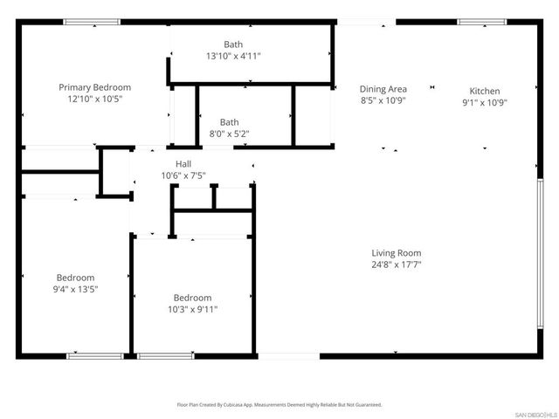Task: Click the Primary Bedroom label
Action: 94,87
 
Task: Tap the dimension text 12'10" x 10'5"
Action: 94,99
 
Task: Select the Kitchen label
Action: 485,91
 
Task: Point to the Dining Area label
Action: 383,88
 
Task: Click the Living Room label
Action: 396,253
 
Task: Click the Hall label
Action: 183,163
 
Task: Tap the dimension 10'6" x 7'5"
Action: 183,175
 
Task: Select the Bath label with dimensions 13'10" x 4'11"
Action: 232,45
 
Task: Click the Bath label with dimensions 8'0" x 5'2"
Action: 229,122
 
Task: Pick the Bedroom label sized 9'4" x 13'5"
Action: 76,278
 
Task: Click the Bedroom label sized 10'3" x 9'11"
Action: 191,298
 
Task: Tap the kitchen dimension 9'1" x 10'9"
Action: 485,102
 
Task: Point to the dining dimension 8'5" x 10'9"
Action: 383,100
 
